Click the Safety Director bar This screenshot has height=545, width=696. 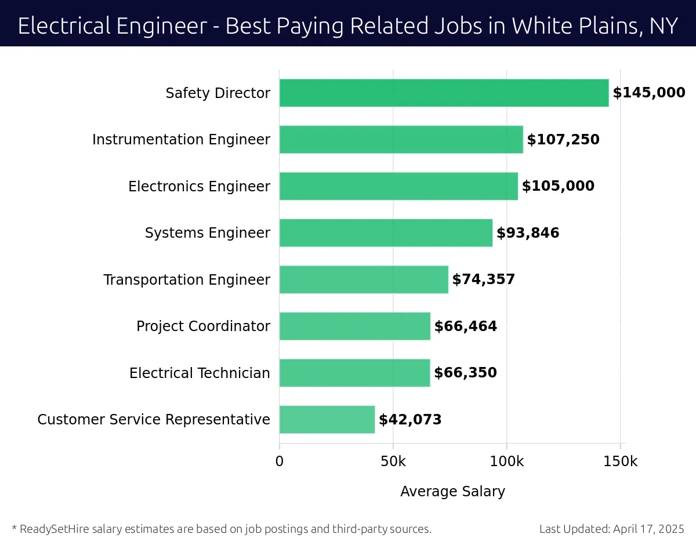tap(444, 93)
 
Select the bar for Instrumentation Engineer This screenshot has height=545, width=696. tap(401, 140)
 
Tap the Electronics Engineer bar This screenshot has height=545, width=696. tap(398, 186)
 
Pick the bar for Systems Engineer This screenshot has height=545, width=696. tap(386, 233)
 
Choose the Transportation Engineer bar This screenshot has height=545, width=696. tap(364, 279)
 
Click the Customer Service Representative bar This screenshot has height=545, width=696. tap(327, 419)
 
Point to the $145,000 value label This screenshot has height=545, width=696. tap(649, 93)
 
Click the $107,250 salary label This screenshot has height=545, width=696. tap(563, 140)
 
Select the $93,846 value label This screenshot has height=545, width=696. tap(528, 233)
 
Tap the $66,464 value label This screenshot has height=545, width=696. tap(466, 326)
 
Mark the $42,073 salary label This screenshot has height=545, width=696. tap(410, 420)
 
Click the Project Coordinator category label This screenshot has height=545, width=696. tap(203, 326)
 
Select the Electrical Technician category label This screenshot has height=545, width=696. tap(200, 373)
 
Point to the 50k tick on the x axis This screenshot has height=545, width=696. tap(393, 462)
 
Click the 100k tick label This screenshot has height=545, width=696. tap(507, 462)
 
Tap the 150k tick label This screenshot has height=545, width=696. tap(620, 462)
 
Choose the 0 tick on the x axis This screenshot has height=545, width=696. tap(280, 462)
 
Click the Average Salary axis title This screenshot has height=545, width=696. tap(452, 492)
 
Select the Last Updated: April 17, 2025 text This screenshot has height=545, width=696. tap(611, 529)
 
